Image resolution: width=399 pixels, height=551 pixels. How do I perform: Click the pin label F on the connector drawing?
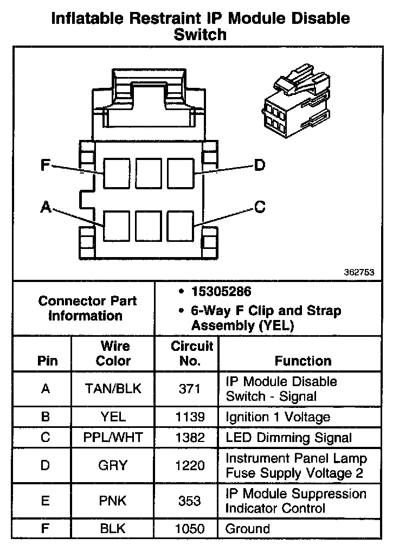[x=46, y=165]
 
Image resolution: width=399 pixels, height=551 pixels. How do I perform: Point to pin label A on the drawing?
[x=46, y=207]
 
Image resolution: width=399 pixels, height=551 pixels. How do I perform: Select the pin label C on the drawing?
[x=260, y=207]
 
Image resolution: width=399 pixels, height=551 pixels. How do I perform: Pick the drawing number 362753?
[x=358, y=273]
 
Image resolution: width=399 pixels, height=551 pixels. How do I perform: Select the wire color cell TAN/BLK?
[x=113, y=389]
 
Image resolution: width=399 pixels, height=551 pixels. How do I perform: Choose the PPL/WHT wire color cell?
[x=113, y=438]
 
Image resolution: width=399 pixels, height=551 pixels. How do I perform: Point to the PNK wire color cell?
[x=113, y=501]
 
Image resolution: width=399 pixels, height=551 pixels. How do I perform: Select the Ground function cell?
[x=248, y=529]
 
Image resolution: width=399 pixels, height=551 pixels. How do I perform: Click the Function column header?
[x=303, y=361]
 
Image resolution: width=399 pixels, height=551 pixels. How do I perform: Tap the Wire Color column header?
[x=114, y=353]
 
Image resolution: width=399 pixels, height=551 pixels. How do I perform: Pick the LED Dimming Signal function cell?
[x=288, y=438]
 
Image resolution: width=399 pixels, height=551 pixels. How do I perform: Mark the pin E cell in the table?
[x=46, y=501]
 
